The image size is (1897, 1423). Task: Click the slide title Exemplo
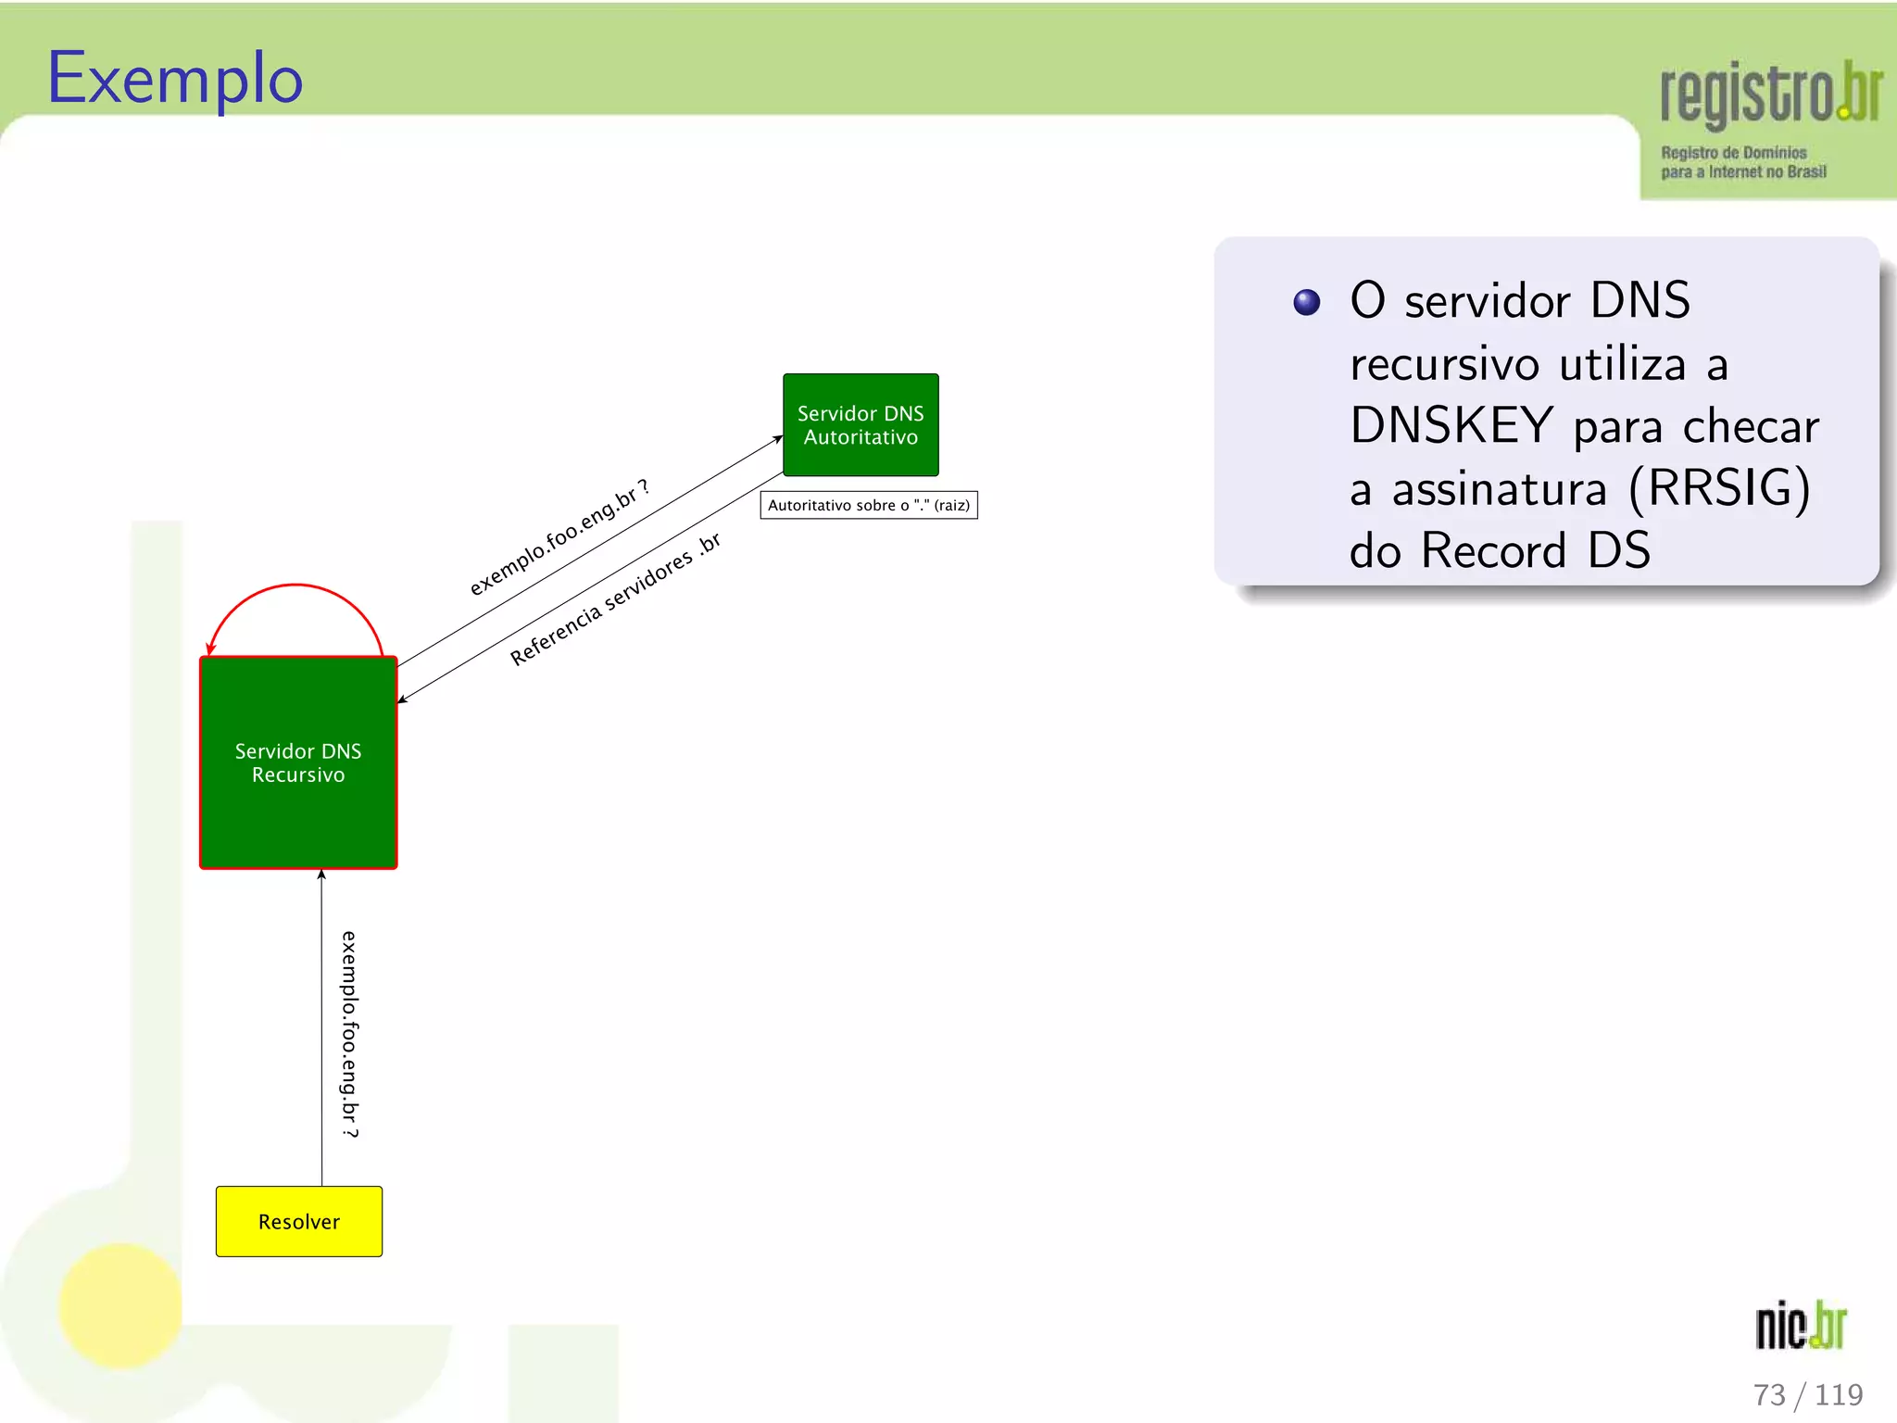[175, 80]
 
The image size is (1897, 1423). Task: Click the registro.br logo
[1769, 93]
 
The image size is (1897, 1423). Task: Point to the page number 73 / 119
[1807, 1394]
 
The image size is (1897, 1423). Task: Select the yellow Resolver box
[298, 1221]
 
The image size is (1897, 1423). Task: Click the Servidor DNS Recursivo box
[298, 762]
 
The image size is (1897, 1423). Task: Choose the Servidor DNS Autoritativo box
[861, 425]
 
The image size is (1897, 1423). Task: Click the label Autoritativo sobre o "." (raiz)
[869, 505]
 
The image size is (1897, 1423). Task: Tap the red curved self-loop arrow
[295, 586]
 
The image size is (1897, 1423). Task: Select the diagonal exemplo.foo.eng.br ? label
[559, 537]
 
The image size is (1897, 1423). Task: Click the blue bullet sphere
[1306, 302]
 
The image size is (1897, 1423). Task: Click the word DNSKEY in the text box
[1451, 426]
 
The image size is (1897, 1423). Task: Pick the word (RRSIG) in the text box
[1718, 488]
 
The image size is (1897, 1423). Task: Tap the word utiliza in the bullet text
[1622, 363]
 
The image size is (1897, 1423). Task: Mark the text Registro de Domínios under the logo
[1733, 153]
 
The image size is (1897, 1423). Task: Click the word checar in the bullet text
[1751, 426]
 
